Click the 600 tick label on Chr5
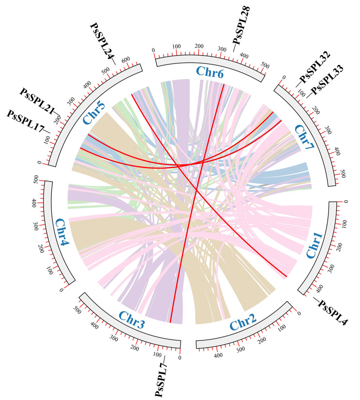click(x=126, y=59)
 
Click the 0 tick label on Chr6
click(x=153, y=50)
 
